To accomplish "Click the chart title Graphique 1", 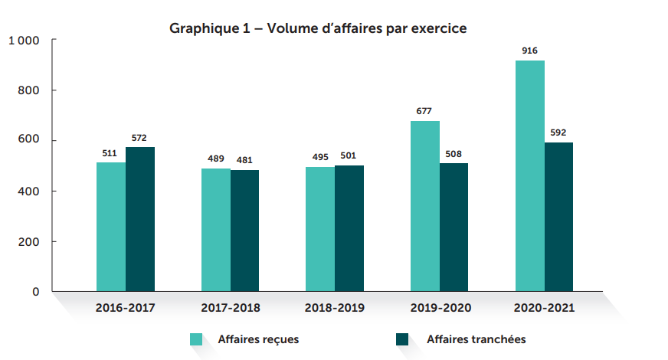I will (x=318, y=28).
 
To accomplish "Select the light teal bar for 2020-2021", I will (x=529, y=176).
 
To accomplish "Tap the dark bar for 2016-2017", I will (x=140, y=219).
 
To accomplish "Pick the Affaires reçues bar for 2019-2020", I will (x=425, y=206).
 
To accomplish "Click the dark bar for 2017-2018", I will (x=245, y=231).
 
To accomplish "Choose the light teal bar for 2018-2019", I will (x=320, y=229).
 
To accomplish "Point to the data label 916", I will (x=529, y=51).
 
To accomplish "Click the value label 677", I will (x=424, y=111).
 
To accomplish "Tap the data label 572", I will (x=140, y=138).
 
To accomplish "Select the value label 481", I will (x=245, y=159).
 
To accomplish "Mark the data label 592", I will (x=558, y=132).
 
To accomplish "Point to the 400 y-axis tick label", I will (x=29, y=191).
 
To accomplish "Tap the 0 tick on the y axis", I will (x=35, y=292).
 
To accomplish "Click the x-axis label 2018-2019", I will (x=335, y=309).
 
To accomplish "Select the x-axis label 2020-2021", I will (x=544, y=309).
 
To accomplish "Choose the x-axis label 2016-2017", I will (x=126, y=309).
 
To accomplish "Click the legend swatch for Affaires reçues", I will (x=197, y=339).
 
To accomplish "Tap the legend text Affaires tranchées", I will (x=476, y=339).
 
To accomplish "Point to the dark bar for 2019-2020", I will (x=454, y=227).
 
